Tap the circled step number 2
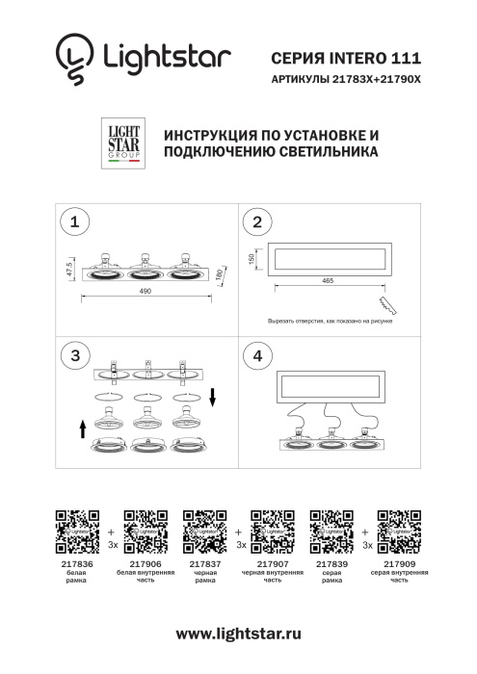(x=256, y=222)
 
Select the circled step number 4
(x=256, y=355)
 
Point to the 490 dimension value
(x=146, y=291)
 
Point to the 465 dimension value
(x=328, y=281)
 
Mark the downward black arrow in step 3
(x=214, y=396)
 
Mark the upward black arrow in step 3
(x=84, y=427)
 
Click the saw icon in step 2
(x=388, y=304)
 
